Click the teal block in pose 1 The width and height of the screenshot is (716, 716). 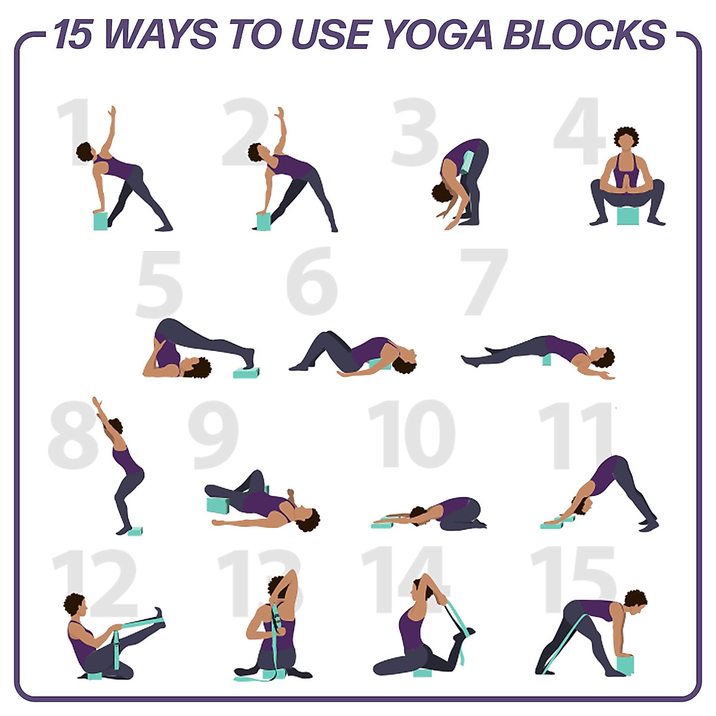pyautogui.click(x=100, y=221)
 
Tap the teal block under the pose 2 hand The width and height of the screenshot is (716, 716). pyautogui.click(x=263, y=221)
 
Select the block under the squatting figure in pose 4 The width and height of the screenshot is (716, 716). pyautogui.click(x=626, y=215)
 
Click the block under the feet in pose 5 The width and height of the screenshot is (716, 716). pyautogui.click(x=246, y=372)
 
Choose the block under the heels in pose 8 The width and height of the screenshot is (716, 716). pyautogui.click(x=135, y=530)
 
